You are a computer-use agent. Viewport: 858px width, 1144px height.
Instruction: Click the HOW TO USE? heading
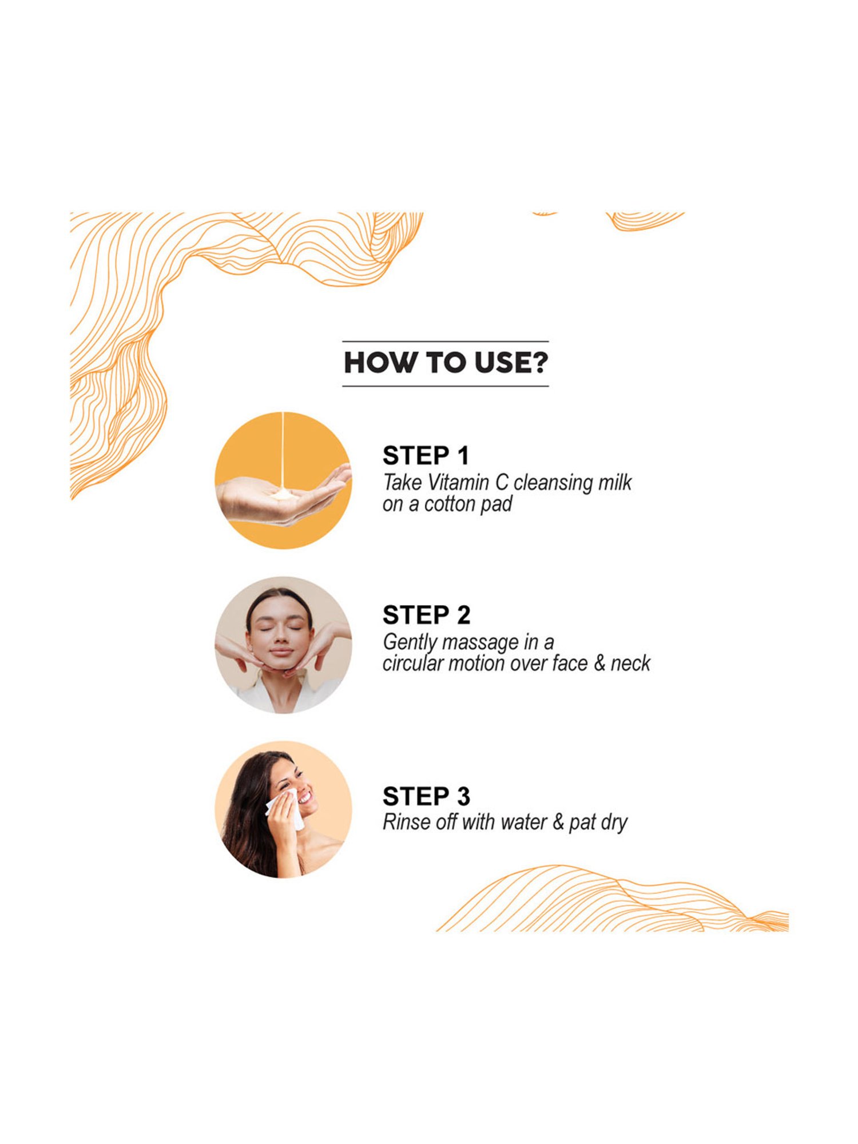(x=446, y=363)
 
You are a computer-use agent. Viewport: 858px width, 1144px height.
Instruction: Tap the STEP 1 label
(x=426, y=456)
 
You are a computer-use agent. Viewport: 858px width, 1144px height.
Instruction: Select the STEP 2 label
(x=427, y=615)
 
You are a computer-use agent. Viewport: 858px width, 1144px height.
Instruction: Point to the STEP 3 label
(x=427, y=796)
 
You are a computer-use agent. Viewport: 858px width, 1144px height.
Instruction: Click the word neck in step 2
(x=630, y=664)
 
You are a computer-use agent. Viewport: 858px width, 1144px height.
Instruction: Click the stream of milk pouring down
(x=283, y=452)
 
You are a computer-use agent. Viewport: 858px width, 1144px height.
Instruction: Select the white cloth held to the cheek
(x=286, y=808)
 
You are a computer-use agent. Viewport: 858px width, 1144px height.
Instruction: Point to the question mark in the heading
(x=539, y=363)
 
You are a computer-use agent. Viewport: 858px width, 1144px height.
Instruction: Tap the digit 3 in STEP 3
(x=463, y=796)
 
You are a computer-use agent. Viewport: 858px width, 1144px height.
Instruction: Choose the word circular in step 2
(x=412, y=664)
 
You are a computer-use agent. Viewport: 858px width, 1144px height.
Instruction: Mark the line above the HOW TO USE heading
(x=446, y=341)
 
